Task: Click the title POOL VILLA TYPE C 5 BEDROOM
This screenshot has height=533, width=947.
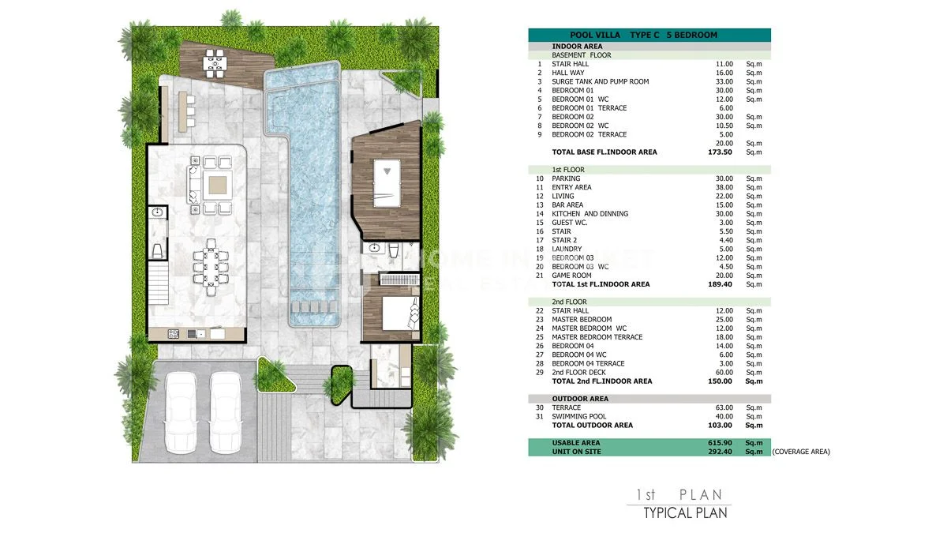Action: [x=643, y=35]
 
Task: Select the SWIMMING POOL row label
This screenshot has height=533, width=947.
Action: [x=578, y=417]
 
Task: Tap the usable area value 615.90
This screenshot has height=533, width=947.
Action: [x=720, y=443]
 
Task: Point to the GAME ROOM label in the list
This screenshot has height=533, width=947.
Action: [x=571, y=276]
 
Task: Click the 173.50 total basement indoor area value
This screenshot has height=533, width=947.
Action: [x=720, y=152]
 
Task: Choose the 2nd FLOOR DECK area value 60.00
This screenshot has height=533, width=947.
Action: [x=724, y=373]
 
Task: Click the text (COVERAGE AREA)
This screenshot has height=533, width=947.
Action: [x=801, y=452]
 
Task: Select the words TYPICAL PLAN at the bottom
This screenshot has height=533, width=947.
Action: [x=685, y=513]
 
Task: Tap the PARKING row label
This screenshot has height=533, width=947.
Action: [x=566, y=178]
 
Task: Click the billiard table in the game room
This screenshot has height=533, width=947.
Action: [x=387, y=183]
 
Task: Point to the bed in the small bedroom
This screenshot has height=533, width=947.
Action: [x=400, y=313]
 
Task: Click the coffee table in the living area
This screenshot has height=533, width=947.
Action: [x=217, y=185]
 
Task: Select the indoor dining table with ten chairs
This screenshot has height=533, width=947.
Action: [x=211, y=267]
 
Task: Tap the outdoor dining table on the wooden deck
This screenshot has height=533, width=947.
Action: [x=215, y=63]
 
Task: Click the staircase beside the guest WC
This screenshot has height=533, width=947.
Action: [x=158, y=283]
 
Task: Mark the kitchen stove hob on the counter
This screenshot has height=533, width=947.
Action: [x=174, y=334]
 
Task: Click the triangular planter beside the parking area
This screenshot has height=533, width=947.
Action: [x=274, y=375]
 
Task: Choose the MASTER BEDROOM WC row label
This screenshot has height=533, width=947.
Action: [x=589, y=328]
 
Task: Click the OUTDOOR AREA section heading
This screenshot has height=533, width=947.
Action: [x=580, y=399]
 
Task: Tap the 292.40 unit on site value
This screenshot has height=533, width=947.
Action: [x=720, y=452]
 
